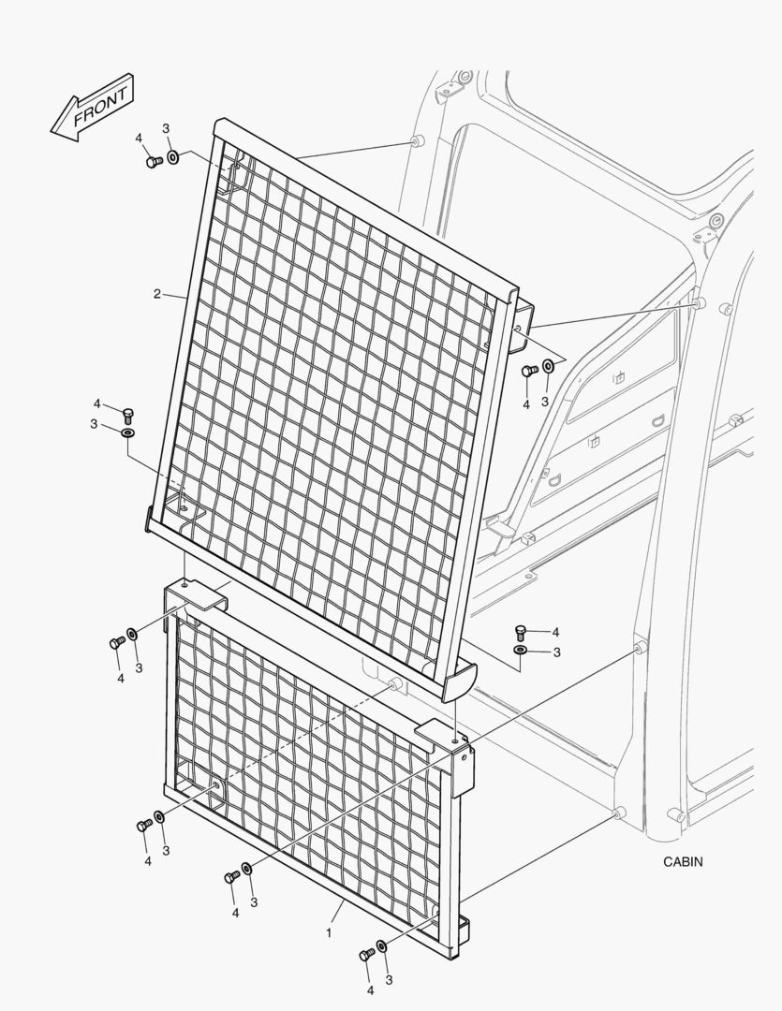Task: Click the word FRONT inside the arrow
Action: point(100,107)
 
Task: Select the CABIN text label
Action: point(683,861)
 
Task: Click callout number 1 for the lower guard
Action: point(329,932)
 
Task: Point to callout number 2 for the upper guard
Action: point(156,294)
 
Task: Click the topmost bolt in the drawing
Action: point(155,162)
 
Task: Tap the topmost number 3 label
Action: point(166,128)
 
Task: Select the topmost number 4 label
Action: point(139,138)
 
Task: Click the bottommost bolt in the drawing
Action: point(366,954)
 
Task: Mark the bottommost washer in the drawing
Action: point(382,945)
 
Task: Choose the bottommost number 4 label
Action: point(370,989)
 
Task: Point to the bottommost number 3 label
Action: point(389,980)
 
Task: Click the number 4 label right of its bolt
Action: point(554,633)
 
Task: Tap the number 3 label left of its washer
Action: point(95,424)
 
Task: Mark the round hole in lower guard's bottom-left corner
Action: point(215,785)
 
